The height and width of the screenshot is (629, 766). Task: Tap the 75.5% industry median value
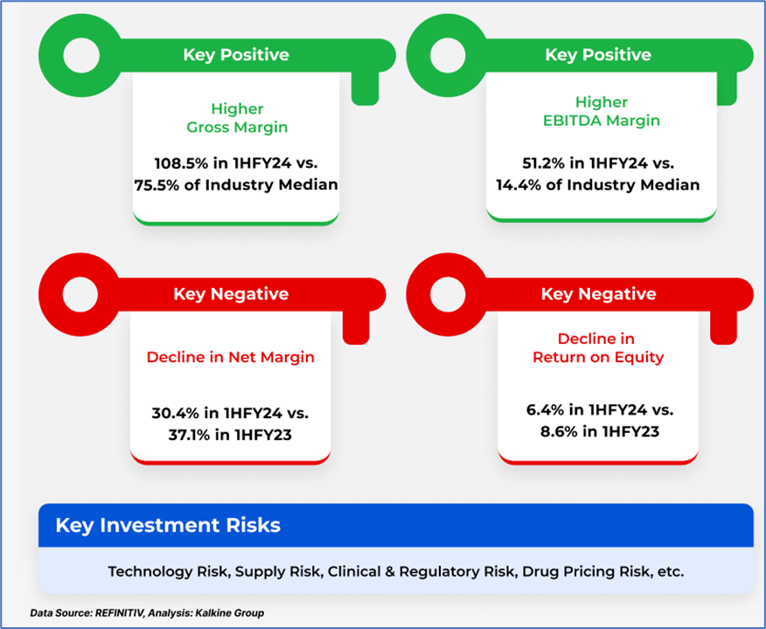157,185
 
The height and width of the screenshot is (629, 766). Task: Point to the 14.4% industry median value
519,185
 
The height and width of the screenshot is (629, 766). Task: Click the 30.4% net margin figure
176,414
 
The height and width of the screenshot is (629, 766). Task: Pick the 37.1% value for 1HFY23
190,435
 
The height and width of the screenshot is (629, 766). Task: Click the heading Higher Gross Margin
238,118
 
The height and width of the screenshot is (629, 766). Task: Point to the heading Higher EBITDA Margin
602,111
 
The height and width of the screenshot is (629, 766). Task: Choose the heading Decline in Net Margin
231,357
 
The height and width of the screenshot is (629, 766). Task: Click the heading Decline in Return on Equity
598,348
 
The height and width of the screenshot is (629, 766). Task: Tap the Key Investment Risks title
168,526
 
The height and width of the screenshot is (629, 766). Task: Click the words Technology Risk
167,571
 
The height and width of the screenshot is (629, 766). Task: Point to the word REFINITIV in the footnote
119,613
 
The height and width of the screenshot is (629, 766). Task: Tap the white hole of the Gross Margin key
81,55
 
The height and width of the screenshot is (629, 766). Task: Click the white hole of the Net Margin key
80,295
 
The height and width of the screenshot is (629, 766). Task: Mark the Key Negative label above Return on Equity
598,294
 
